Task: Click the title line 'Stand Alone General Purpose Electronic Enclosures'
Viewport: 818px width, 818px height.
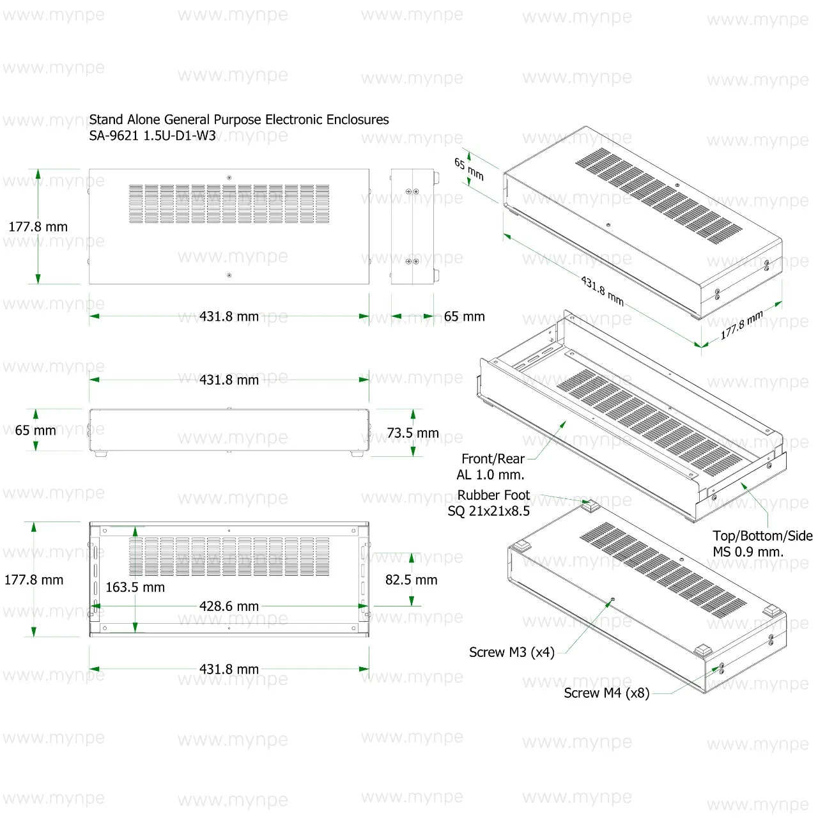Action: (x=238, y=120)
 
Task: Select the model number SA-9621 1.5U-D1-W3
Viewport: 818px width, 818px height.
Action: (x=152, y=136)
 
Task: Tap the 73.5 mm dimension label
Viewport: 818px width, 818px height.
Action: (x=413, y=433)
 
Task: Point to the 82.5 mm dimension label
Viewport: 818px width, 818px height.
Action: (x=411, y=580)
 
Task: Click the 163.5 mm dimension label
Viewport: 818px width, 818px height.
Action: (x=135, y=587)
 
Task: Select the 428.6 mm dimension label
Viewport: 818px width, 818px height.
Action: (x=229, y=606)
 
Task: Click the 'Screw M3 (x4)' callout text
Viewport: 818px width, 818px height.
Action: (x=511, y=652)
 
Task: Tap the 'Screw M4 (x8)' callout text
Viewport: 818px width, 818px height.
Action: (x=606, y=693)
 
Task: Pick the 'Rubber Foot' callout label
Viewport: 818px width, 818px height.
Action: (x=493, y=495)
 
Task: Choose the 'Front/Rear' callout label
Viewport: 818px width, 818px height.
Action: (x=493, y=459)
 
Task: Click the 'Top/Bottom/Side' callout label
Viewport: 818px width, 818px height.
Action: (x=762, y=536)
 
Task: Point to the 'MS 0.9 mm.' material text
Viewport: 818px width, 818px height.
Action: (x=748, y=552)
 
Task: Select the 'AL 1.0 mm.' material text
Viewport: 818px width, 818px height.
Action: (x=490, y=475)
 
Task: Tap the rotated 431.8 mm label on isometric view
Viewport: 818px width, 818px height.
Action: (x=603, y=291)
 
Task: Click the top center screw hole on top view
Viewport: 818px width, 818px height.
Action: (x=229, y=178)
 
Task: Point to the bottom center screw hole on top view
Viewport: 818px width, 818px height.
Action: (x=229, y=275)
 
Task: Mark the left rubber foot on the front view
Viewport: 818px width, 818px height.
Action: (x=100, y=454)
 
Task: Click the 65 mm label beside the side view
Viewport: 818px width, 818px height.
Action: (x=465, y=317)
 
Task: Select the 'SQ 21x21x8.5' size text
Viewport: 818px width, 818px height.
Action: (x=489, y=511)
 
